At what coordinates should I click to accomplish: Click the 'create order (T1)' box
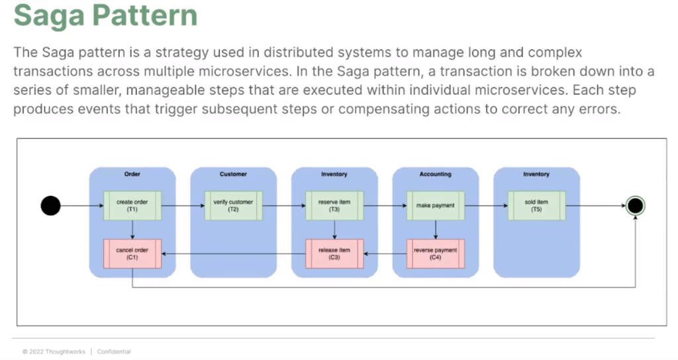click(132, 206)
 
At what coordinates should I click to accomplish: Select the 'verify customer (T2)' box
click(233, 206)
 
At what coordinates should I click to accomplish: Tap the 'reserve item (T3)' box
click(334, 206)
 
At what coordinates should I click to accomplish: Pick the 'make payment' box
click(436, 206)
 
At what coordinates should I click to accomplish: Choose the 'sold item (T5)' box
click(536, 206)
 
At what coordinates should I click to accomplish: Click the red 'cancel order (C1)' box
click(132, 253)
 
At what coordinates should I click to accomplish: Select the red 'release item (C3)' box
click(334, 253)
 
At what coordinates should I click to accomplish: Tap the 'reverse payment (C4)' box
click(436, 253)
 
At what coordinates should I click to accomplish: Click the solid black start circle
click(50, 206)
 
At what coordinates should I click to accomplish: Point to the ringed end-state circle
click(635, 206)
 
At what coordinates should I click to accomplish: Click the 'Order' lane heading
click(132, 174)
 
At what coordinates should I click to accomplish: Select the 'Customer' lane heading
click(233, 174)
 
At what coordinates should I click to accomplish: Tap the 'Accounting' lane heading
click(436, 174)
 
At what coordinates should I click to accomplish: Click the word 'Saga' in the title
click(49, 16)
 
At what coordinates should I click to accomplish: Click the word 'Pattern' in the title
click(145, 15)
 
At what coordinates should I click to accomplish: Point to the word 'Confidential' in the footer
click(114, 352)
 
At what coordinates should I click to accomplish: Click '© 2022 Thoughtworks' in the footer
click(54, 352)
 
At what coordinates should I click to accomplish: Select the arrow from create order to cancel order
click(132, 230)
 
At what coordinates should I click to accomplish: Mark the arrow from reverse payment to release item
click(385, 253)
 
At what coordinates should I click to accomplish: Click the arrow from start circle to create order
click(82, 206)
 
